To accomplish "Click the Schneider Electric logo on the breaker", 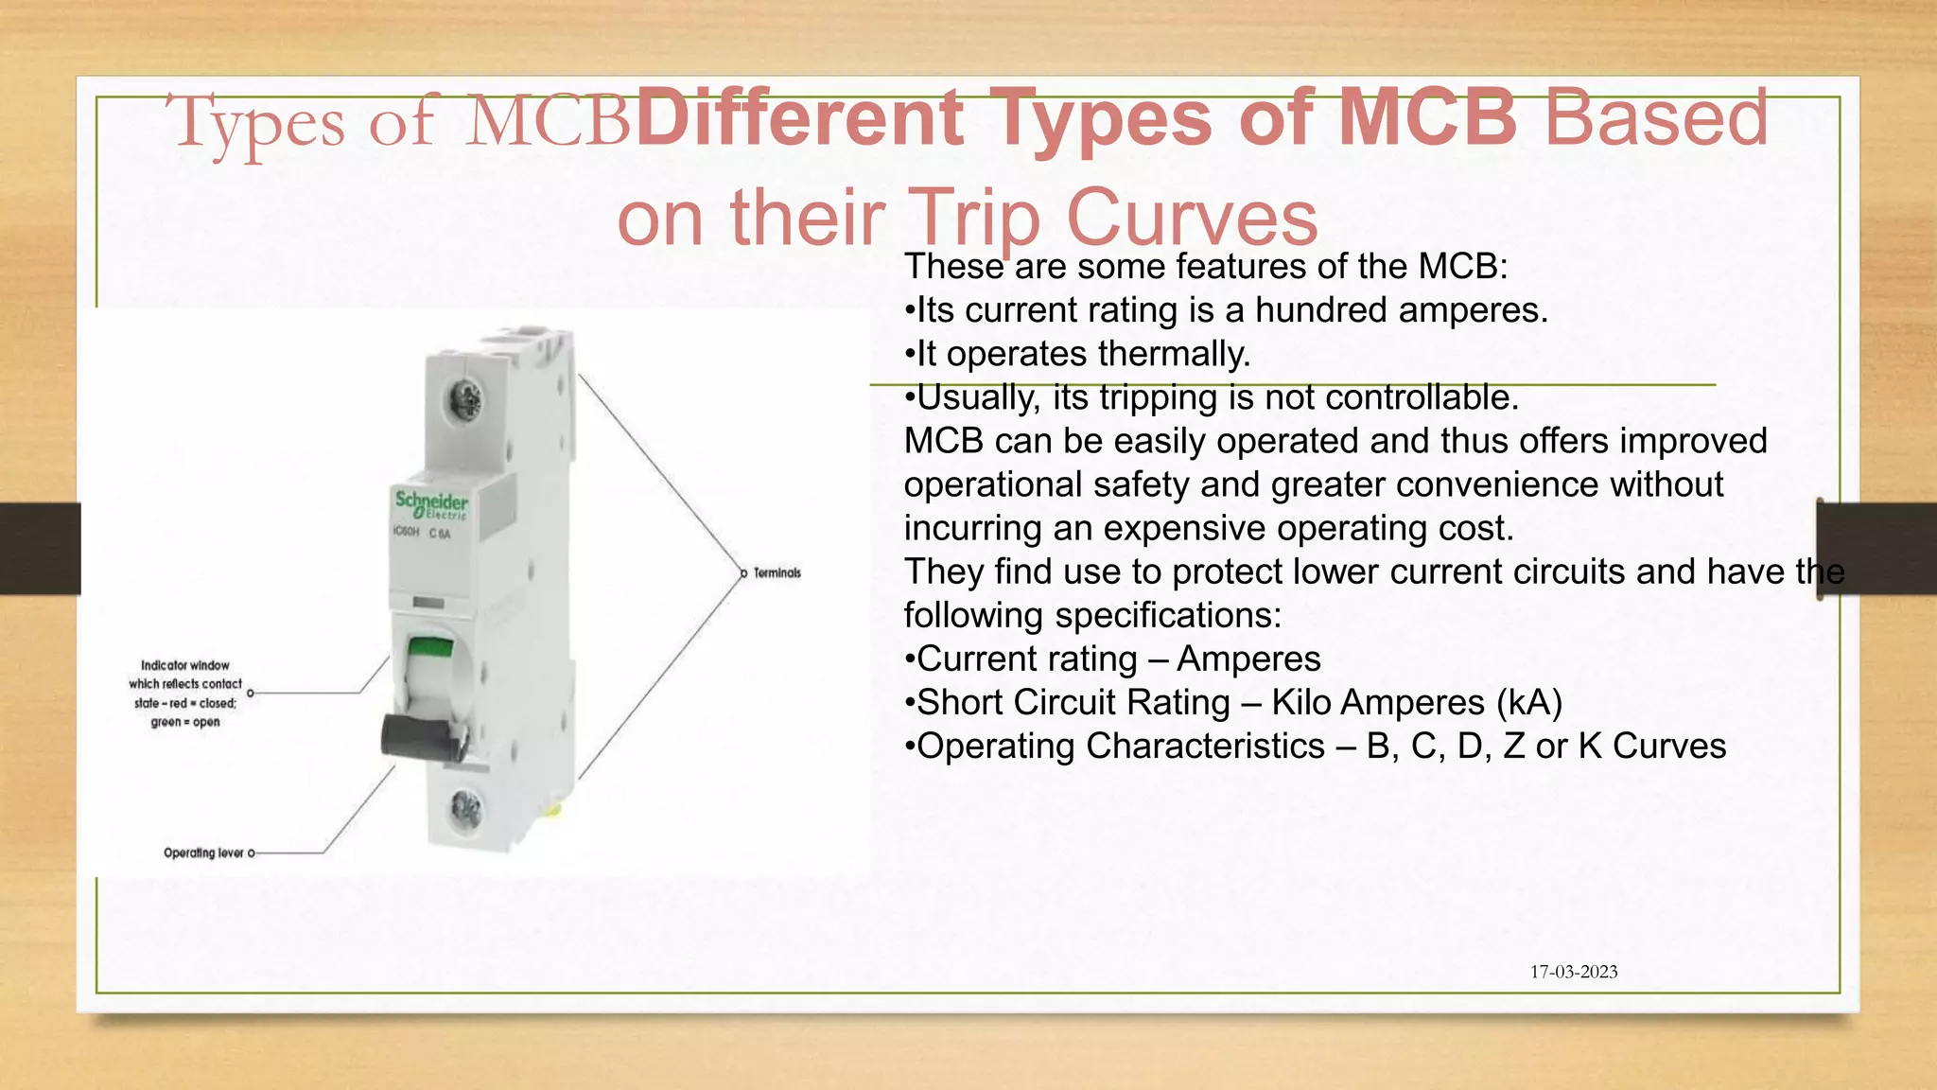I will pos(431,504).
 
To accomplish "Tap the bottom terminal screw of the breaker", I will pos(465,808).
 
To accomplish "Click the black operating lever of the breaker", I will pos(423,737).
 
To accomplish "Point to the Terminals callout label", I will pos(777,572).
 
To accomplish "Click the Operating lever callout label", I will pos(203,853).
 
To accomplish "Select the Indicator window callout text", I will pos(185,694).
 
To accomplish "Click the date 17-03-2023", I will pos(1574,972).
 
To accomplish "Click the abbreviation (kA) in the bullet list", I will pos(1529,702).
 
